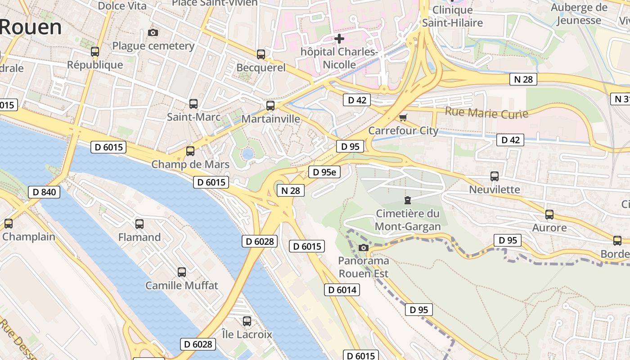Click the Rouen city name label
[x=31, y=27]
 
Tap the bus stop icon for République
[x=94, y=52]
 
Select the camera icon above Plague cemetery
[x=153, y=32]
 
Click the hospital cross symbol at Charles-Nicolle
[x=339, y=39]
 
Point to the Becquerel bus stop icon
[x=261, y=54]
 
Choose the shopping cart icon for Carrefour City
[x=403, y=118]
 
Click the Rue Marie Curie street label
[x=486, y=112]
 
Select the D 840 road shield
[x=44, y=192]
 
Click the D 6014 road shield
[x=342, y=290]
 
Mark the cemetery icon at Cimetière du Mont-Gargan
[x=408, y=200]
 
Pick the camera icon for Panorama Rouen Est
[x=363, y=247]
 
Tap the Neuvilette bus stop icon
[x=495, y=176]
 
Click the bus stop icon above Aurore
[x=549, y=215]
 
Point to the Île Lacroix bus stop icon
[x=247, y=321]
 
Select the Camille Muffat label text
[x=181, y=285]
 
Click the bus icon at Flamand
[x=139, y=224]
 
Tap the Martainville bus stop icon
[x=270, y=106]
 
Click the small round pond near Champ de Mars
[x=247, y=154]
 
